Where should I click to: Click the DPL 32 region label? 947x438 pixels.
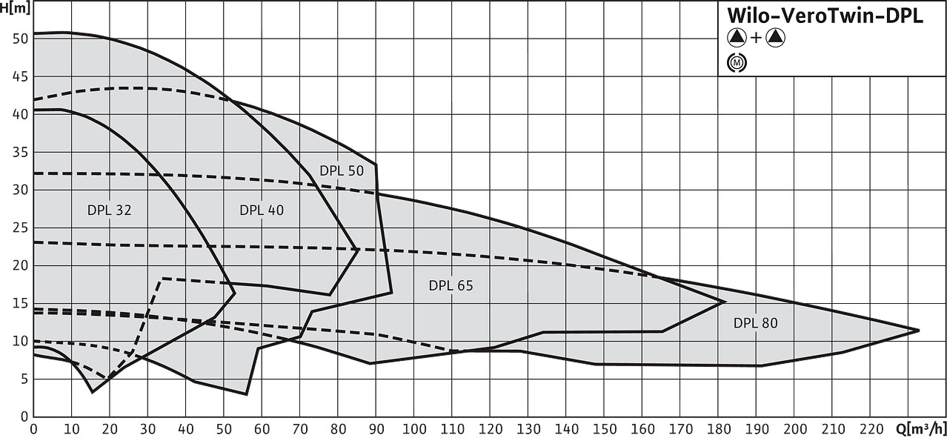pos(109,210)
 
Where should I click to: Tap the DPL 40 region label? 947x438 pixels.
pos(261,210)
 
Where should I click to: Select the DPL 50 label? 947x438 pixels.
pos(342,170)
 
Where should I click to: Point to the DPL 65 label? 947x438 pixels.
pos(451,285)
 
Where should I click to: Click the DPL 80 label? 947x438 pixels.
pos(755,322)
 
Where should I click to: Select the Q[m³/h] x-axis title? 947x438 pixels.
pos(925,428)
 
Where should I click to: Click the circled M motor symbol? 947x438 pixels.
pos(737,63)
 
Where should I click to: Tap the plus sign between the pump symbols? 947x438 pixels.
pos(756,39)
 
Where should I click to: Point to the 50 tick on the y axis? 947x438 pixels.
pos(20,39)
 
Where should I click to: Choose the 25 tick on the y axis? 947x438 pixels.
pos(20,228)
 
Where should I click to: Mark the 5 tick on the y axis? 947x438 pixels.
pos(24,379)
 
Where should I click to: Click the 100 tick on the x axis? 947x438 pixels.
pos(414,428)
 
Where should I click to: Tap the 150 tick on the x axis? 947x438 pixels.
pos(605,428)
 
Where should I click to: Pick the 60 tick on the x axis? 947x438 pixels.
pos(262,428)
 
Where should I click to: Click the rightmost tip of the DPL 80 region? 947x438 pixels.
pos(919,330)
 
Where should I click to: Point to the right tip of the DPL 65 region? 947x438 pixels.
pos(725,301)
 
